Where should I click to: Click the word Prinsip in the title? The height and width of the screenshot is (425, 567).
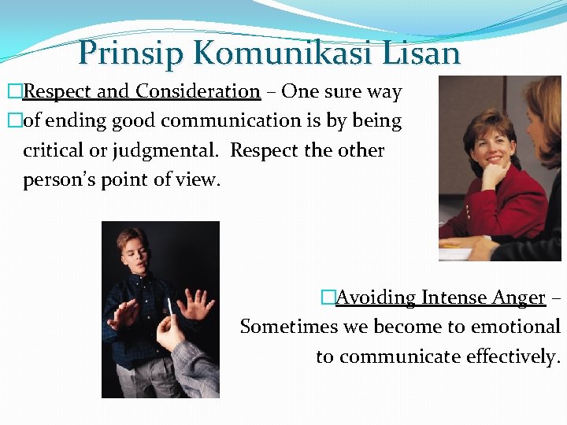click(x=131, y=53)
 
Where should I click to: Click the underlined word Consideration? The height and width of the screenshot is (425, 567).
click(x=198, y=91)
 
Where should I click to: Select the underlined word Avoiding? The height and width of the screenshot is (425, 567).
click(x=376, y=297)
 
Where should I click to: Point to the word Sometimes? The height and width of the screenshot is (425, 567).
click(x=287, y=327)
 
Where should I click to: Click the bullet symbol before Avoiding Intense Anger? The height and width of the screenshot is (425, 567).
click(x=328, y=297)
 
